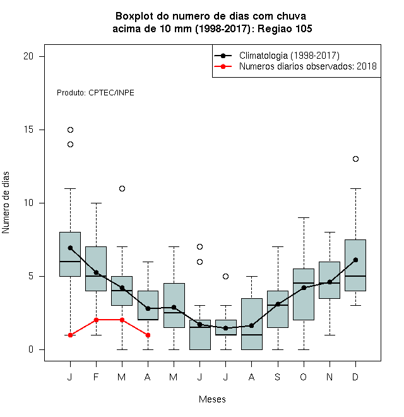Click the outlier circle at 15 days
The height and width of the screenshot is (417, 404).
pyautogui.click(x=70, y=130)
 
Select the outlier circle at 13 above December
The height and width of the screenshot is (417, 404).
pyautogui.click(x=355, y=159)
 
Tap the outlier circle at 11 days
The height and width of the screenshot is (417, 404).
pyautogui.click(x=122, y=188)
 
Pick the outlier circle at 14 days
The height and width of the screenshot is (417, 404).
pyautogui.click(x=70, y=145)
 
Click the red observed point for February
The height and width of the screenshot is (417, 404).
pyautogui.click(x=96, y=320)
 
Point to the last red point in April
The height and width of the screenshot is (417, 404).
pyautogui.click(x=148, y=335)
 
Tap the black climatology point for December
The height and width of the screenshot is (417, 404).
pyautogui.click(x=355, y=260)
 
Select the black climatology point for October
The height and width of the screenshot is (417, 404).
pyautogui.click(x=304, y=287)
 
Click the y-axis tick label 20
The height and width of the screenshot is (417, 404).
pyautogui.click(x=28, y=56)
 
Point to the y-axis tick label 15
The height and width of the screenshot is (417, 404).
pyautogui.click(x=28, y=130)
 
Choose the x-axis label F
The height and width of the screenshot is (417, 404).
pyautogui.click(x=96, y=377)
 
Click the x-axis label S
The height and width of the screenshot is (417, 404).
pyautogui.click(x=278, y=377)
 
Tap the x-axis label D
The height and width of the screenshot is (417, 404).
pyautogui.click(x=355, y=377)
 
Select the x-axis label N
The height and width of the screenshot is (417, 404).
pyautogui.click(x=330, y=377)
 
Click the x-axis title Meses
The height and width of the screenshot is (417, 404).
pyautogui.click(x=212, y=399)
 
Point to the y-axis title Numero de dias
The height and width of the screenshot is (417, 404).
pyautogui.click(x=6, y=203)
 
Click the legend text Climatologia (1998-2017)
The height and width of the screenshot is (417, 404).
pyautogui.click(x=289, y=56)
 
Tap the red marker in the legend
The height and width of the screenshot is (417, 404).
pyautogui.click(x=223, y=66)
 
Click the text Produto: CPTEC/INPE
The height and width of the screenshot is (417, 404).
pyautogui.click(x=95, y=92)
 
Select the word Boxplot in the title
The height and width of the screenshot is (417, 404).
pyautogui.click(x=134, y=16)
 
